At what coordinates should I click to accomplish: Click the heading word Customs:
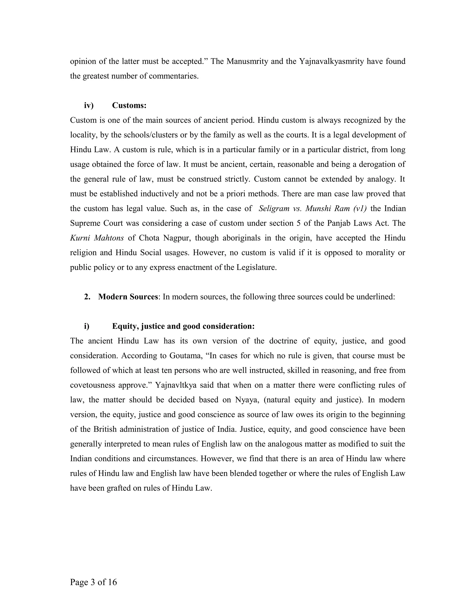(x=129, y=105)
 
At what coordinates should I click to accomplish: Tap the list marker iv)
(x=89, y=105)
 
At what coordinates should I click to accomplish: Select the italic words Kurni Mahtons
(x=97, y=238)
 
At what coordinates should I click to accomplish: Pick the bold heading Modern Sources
(x=128, y=297)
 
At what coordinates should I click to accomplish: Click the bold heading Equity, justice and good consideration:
(x=183, y=326)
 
